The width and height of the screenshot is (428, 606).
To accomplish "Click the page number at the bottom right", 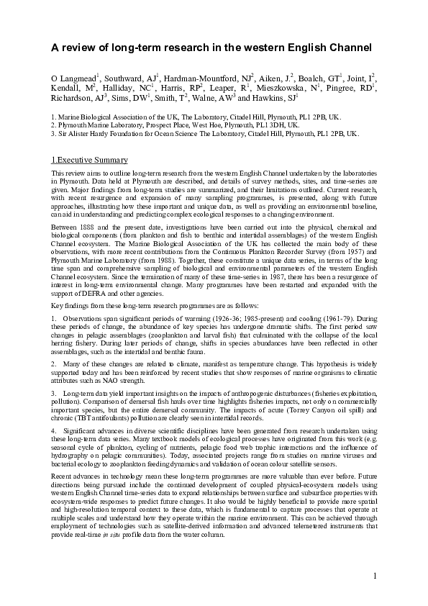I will [x=375, y=575].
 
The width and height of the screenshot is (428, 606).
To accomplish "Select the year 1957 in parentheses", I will [x=355, y=242].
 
